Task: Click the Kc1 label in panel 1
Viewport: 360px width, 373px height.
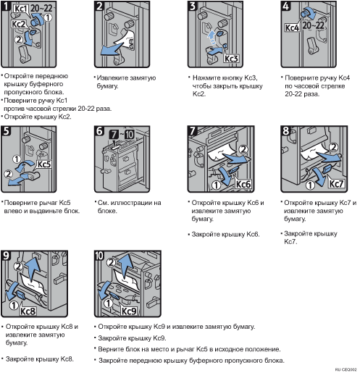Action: click(x=20, y=9)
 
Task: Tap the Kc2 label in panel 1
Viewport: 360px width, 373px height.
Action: click(x=19, y=24)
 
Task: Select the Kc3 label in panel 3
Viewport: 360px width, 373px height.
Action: click(x=231, y=59)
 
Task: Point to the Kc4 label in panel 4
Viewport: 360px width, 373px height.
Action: click(x=292, y=28)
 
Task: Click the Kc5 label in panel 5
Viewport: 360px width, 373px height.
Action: click(x=44, y=164)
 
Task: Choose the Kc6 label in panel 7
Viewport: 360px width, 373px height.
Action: click(x=243, y=184)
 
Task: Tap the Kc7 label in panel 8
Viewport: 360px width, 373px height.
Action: click(x=336, y=184)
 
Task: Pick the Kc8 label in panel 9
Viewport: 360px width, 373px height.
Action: click(x=28, y=311)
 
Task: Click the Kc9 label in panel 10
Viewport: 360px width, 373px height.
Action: click(x=129, y=311)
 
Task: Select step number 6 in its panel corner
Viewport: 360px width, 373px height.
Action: click(x=99, y=131)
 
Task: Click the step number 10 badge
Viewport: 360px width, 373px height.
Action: click(x=99, y=256)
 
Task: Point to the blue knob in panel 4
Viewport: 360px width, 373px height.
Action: click(x=306, y=12)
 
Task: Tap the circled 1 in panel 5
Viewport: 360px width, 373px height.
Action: click(x=17, y=159)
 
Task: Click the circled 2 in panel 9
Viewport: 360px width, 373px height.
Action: click(x=18, y=267)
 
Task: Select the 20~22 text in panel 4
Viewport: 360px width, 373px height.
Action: click(x=313, y=25)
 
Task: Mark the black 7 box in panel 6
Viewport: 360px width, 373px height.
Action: click(x=114, y=135)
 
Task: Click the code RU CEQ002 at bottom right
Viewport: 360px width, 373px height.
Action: click(x=346, y=369)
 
